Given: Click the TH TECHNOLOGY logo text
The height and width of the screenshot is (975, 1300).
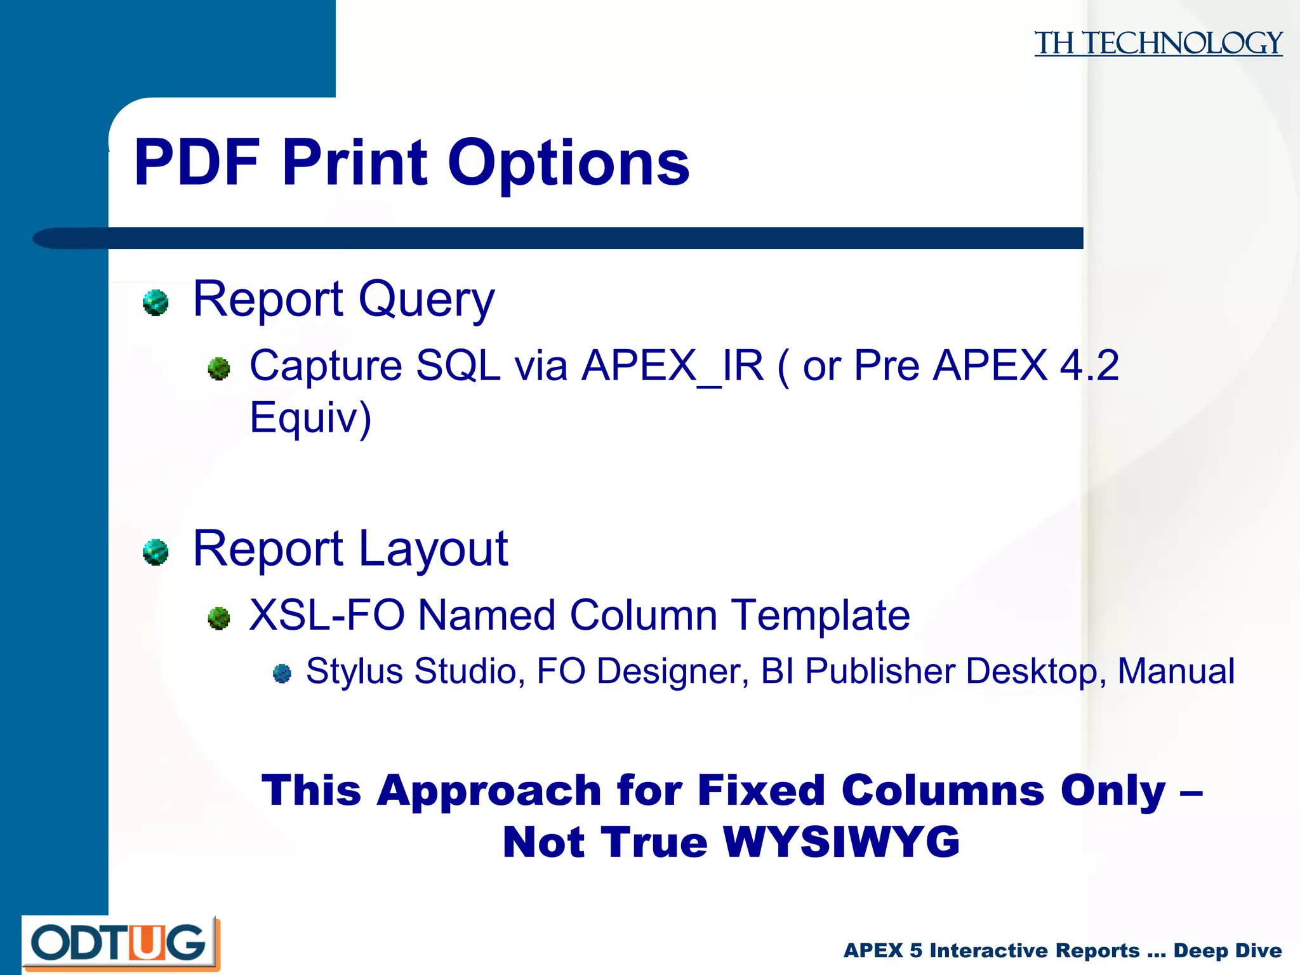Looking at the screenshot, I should click(1158, 43).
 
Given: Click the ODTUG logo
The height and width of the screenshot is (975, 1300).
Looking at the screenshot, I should click(121, 943).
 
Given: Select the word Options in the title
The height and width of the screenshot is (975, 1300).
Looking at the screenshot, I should click(568, 164).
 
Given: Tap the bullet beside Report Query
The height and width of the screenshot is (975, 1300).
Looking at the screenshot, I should click(156, 302).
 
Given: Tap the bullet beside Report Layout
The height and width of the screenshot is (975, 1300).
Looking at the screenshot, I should click(156, 552).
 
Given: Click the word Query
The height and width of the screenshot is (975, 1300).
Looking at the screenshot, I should click(426, 300).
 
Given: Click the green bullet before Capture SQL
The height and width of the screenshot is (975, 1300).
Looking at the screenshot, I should click(219, 368).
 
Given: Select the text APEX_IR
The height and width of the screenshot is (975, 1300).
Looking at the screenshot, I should click(673, 366).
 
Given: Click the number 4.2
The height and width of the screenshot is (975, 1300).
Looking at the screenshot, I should click(1089, 366).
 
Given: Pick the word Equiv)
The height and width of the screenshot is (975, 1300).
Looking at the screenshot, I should click(310, 418).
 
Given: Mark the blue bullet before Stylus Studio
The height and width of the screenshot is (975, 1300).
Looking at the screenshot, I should click(282, 673).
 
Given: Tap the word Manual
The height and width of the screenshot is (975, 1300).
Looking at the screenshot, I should click(1176, 671).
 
